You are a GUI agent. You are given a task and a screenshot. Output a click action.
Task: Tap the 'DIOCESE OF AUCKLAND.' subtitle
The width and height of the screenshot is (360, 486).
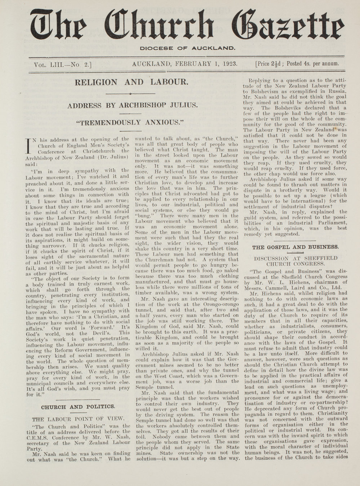click(x=187, y=48)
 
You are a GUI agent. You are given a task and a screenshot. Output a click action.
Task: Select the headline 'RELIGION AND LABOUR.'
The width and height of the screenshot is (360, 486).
click(x=131, y=82)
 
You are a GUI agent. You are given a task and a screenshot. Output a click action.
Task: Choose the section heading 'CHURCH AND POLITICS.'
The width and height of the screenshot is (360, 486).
click(x=78, y=407)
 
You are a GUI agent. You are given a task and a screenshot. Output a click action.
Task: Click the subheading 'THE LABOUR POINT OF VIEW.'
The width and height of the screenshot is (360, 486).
click(x=78, y=419)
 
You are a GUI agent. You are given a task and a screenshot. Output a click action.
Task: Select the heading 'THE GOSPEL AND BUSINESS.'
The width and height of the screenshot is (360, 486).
click(x=295, y=247)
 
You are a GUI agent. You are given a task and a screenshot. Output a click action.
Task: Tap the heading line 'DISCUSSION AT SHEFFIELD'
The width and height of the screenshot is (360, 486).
click(x=295, y=258)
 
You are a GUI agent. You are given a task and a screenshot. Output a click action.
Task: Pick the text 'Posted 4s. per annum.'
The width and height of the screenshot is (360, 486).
click(x=313, y=64)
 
